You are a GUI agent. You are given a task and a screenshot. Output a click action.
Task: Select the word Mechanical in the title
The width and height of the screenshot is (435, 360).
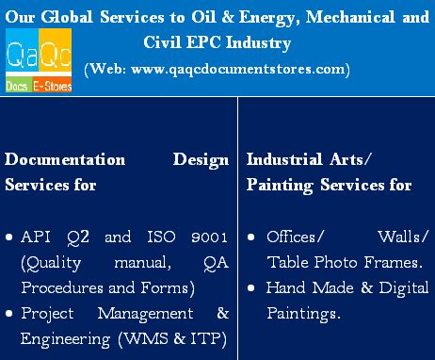(x=353, y=14)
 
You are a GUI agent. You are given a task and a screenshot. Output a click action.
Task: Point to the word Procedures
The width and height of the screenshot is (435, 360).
(x=56, y=287)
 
